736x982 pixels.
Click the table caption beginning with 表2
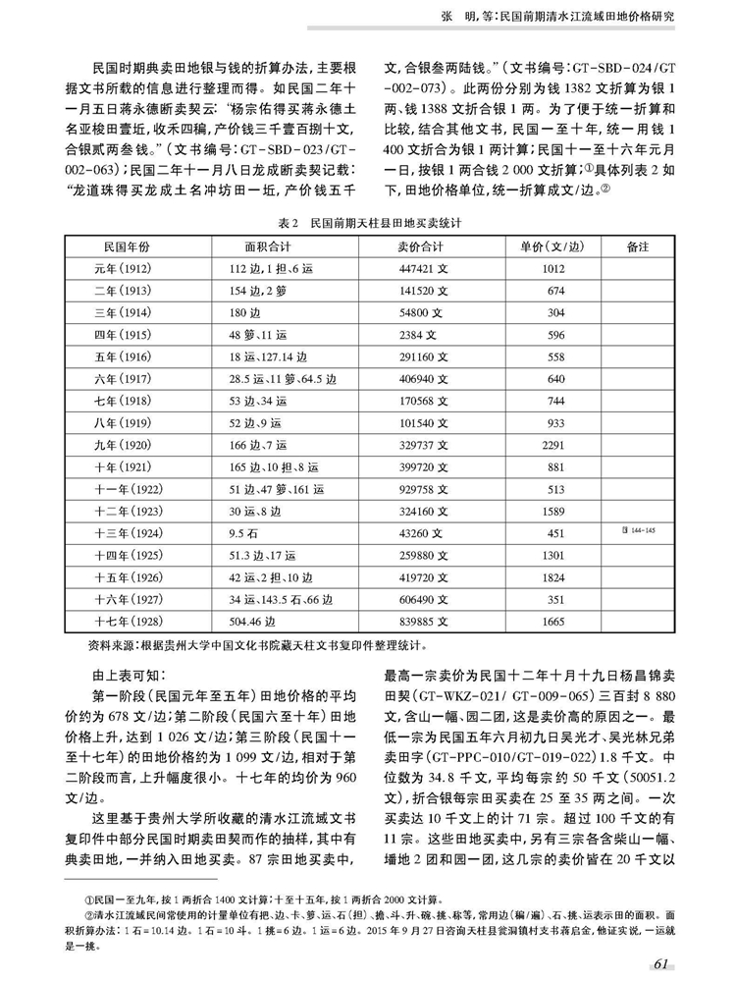[367, 223]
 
